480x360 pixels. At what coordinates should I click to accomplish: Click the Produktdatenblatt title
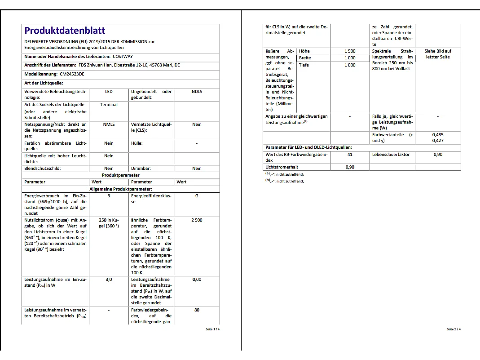pyautogui.click(x=65, y=31)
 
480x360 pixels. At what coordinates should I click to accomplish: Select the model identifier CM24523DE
pyautogui.click(x=72, y=74)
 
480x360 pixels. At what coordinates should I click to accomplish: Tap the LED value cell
pyautogui.click(x=109, y=92)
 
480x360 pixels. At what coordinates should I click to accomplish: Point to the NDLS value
pyautogui.click(x=197, y=92)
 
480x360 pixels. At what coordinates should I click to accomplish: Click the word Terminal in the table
pyautogui.click(x=109, y=105)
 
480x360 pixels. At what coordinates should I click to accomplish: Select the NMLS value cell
pyautogui.click(x=109, y=124)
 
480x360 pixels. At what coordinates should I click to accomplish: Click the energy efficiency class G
pyautogui.click(x=197, y=196)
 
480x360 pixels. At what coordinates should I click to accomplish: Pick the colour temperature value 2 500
pyautogui.click(x=197, y=220)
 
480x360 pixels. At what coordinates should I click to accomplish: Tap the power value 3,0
pyautogui.click(x=109, y=280)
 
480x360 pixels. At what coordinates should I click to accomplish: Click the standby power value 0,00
pyautogui.click(x=197, y=280)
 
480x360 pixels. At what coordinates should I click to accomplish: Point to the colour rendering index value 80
pyautogui.click(x=197, y=310)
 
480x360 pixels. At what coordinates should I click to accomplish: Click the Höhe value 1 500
pyautogui.click(x=350, y=51)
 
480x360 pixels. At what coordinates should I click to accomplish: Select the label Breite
pyautogui.click(x=305, y=58)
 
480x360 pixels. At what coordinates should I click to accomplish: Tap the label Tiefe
pyautogui.click(x=304, y=65)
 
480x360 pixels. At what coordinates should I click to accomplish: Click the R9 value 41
pyautogui.click(x=350, y=155)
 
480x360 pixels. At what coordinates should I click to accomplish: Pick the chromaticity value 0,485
pyautogui.click(x=438, y=135)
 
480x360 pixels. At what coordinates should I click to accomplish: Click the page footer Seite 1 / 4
pyautogui.click(x=213, y=329)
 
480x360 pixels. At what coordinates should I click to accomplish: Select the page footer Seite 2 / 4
pyautogui.click(x=454, y=329)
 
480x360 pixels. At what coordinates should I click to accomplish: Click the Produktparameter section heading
pyautogui.click(x=120, y=175)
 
